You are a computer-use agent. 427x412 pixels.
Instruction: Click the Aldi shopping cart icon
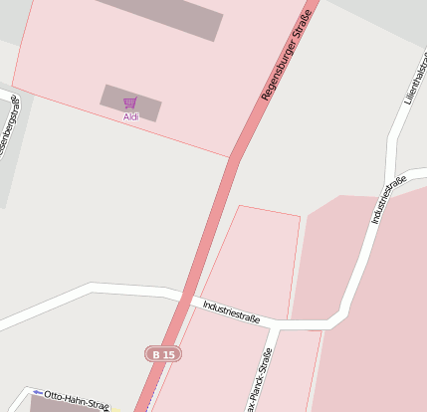point(129,103)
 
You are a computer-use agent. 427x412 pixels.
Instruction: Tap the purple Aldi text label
point(130,116)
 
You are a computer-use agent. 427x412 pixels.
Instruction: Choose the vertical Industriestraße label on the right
point(388,199)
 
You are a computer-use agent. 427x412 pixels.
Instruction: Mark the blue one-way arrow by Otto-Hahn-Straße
point(38,392)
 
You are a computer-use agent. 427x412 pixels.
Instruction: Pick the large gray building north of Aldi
point(159,17)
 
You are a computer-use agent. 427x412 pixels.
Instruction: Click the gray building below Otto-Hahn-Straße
point(70,407)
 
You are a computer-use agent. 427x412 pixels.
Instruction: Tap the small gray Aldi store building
point(130,103)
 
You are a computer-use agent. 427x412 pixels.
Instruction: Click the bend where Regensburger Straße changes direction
point(235,157)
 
